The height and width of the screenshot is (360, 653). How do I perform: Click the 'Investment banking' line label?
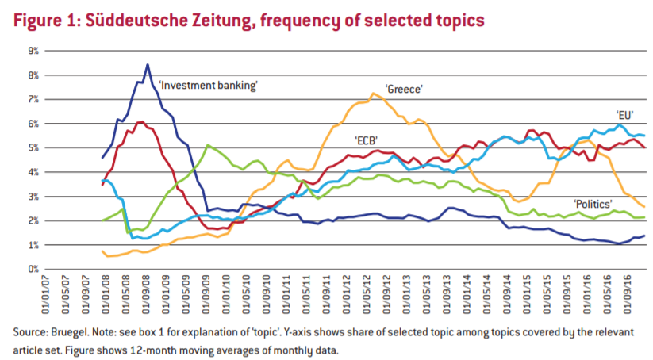(209, 85)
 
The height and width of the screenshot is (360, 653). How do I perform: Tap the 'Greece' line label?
(403, 89)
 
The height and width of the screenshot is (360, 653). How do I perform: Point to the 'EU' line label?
(624, 114)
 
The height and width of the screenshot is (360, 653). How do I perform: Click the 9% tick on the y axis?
(33, 51)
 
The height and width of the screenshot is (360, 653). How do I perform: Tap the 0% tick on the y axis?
(33, 270)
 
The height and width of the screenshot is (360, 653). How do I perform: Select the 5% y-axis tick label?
(33, 148)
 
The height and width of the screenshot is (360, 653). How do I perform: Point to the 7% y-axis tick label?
(33, 99)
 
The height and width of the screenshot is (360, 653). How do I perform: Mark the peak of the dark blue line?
(148, 64)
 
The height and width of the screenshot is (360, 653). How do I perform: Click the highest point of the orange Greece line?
(373, 94)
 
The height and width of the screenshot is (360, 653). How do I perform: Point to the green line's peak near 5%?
(207, 145)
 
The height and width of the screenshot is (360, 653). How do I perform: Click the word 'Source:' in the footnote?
(30, 331)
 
